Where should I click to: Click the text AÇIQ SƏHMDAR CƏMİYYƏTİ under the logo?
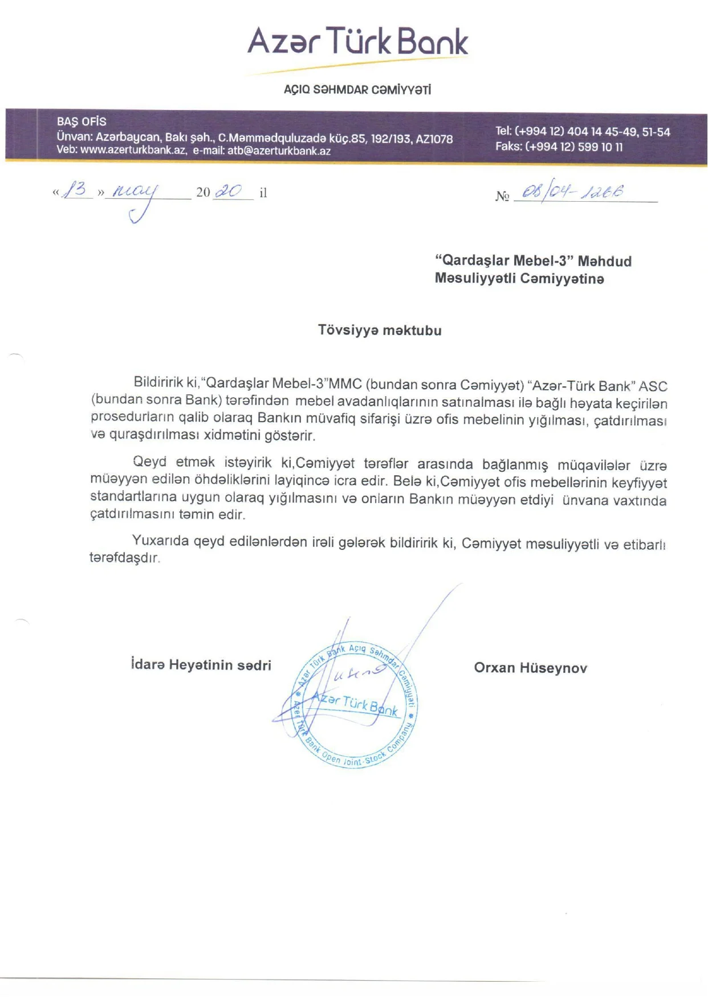(x=357, y=89)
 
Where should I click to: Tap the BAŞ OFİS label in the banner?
(x=82, y=121)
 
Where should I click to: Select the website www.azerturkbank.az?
(x=133, y=150)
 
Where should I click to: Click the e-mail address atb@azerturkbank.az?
(x=279, y=151)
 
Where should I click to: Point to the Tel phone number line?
(x=582, y=132)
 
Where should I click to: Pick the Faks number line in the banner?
(x=559, y=146)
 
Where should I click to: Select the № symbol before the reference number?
(x=502, y=196)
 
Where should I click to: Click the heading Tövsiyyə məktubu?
(x=380, y=330)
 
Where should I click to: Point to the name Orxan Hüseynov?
(x=530, y=668)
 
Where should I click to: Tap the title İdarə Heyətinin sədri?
(x=201, y=665)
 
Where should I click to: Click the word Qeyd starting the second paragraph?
(x=149, y=462)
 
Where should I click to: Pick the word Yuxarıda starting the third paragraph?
(x=161, y=540)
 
